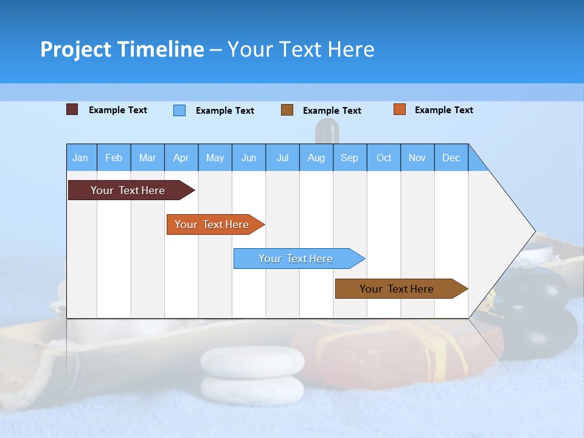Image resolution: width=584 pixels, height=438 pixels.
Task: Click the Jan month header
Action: [x=80, y=158]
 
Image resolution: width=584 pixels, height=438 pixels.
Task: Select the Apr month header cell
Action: [x=181, y=158]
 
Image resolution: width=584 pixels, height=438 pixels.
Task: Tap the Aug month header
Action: [x=316, y=158]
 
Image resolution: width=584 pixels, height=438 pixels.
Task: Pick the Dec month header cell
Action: [x=451, y=158]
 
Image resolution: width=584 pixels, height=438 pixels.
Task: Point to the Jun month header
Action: [x=248, y=158]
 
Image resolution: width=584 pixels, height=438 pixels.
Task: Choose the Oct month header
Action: [x=383, y=158]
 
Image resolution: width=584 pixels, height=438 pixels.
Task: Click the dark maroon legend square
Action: [x=72, y=109]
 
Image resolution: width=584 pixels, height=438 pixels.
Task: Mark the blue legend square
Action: [x=179, y=110]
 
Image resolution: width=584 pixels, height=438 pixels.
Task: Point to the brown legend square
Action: [x=287, y=110]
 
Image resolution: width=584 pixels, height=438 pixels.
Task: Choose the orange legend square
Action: [x=399, y=109]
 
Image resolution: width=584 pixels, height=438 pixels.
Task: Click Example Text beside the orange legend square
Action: [x=443, y=110]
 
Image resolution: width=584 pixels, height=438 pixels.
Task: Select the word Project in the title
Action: [x=75, y=49]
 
